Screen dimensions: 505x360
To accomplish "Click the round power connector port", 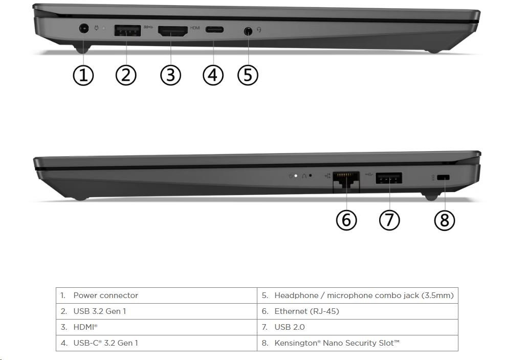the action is pos(84,29).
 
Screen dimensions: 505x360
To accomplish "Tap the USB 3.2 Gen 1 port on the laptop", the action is pos(127,31).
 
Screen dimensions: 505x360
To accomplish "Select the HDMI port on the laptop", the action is pos(172,31).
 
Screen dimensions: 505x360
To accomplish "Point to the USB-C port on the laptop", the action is pos(214,30).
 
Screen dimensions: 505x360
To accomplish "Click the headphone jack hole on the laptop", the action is pos(248,31).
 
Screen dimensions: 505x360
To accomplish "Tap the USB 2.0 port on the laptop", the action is pos(389,178).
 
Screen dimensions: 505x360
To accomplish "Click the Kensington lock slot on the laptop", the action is pos(443,177).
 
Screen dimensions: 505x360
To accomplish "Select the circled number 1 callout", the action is pos(83,75).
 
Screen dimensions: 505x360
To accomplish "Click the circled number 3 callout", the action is pos(171,75).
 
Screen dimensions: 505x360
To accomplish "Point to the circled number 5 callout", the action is pos(248,75).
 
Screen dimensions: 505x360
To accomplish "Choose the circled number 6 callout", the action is pos(346,220).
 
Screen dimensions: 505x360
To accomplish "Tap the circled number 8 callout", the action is pos(445,220).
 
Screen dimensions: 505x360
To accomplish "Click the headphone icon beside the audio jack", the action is pos(259,30).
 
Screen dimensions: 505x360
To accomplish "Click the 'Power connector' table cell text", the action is pos(105,295).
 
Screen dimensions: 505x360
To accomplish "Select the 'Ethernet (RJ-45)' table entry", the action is pos(306,311).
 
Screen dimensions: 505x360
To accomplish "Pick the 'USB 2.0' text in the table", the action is pos(290,327).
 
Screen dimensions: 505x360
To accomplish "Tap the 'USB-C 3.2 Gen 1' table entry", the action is pos(105,343).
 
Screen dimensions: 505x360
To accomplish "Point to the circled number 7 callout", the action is pos(389,220).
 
